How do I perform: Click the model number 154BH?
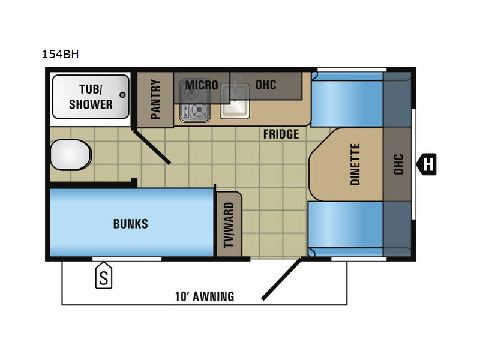61,54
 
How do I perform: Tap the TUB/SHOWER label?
91,97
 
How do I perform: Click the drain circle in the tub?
122,95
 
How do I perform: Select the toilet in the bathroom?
71,155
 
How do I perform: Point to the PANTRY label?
155,99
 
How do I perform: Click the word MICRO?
202,85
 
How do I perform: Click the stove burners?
194,101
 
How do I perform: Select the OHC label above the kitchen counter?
266,85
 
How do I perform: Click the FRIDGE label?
281,134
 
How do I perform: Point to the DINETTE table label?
355,164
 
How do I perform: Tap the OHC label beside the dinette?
398,164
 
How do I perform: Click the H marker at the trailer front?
427,164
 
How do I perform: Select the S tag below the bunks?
104,275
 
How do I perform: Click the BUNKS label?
131,224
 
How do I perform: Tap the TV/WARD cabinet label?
229,225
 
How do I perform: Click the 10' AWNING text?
205,296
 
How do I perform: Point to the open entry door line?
281,279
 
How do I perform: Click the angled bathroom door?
151,147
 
